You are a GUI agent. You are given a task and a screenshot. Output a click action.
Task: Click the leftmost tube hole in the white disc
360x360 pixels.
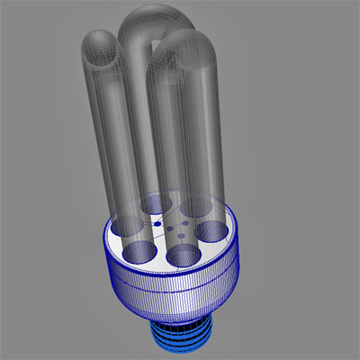pos(123,225)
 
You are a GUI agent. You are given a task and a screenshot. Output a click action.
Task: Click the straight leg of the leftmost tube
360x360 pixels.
pos(112,135)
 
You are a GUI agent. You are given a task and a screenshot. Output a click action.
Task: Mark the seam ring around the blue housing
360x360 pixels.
pos(171,286)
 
